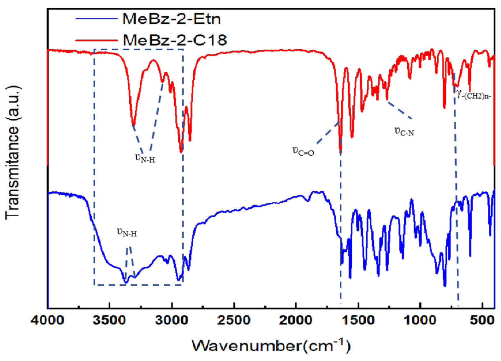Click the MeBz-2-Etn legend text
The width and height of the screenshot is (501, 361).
[x=172, y=19]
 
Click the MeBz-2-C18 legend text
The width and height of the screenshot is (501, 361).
[x=175, y=40]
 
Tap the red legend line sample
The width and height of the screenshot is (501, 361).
[x=97, y=40]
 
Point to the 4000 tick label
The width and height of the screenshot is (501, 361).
[x=48, y=320]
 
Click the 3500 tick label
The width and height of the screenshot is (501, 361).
[x=110, y=320]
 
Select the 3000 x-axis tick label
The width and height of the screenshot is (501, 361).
[x=172, y=320]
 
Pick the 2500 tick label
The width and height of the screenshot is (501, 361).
[x=234, y=320]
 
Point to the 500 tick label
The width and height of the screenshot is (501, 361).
[x=482, y=320]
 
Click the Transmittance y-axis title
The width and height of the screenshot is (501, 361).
[x=13, y=152]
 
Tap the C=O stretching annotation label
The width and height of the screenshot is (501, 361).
[x=303, y=151]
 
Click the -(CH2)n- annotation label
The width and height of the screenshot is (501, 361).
[x=474, y=94]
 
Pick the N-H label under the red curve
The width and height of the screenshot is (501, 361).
[x=145, y=158]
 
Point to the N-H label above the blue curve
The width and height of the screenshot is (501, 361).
[x=127, y=232]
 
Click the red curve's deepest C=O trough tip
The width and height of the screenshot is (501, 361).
[x=341, y=152]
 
